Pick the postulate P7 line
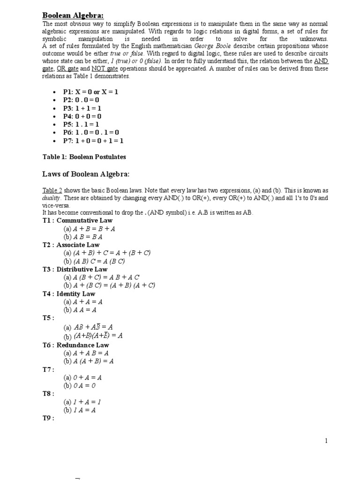pyautogui.click(x=93, y=141)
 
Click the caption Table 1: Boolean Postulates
pyautogui.click(x=84, y=157)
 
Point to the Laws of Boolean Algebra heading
pyautogui.click(x=86, y=174)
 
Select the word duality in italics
pyautogui.click(x=52, y=198)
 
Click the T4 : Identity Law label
pyautogui.click(x=69, y=294)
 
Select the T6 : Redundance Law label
pyautogui.click(x=75, y=345)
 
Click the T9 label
pyautogui.click(x=49, y=419)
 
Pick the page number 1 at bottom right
pyautogui.click(x=326, y=441)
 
